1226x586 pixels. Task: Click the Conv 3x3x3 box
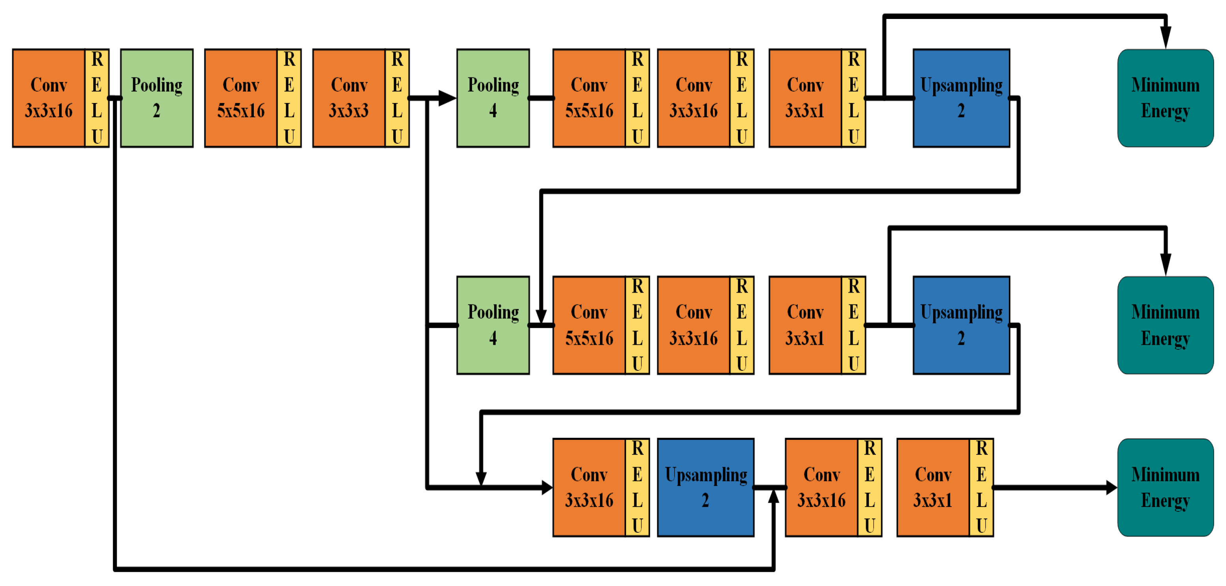349,98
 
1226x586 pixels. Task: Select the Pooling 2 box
157,98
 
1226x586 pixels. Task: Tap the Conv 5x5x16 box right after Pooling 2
241,98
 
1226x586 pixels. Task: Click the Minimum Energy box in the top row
1166,98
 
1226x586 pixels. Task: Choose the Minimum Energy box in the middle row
1166,325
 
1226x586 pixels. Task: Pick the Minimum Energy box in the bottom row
1166,487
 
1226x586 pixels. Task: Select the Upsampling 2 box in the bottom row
706,487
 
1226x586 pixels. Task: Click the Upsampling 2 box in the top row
962,98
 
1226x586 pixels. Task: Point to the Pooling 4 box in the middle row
493,325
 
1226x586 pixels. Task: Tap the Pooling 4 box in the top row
493,98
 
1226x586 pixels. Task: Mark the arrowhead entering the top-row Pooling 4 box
447,98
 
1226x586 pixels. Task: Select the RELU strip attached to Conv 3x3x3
397,98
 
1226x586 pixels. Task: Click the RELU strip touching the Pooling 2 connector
97,98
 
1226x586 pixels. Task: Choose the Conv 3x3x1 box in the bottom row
933,487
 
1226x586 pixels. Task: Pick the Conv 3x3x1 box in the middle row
805,325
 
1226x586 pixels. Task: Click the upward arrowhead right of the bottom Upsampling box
774,496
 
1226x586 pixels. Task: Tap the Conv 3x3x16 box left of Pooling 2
49,98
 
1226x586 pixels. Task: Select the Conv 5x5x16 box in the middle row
589,325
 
